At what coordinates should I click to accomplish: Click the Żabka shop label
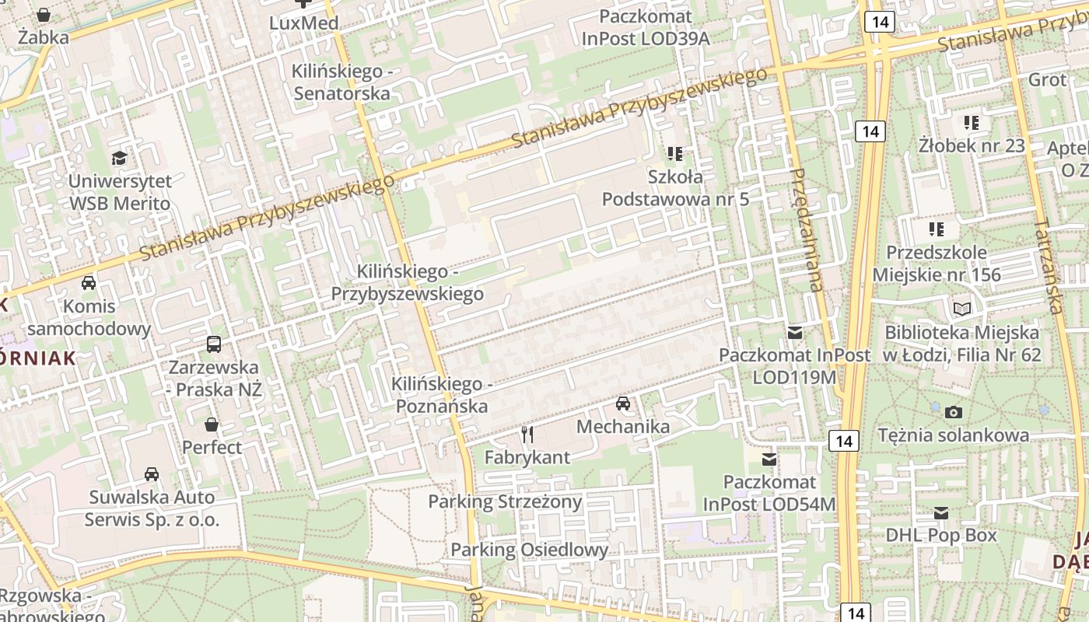pos(44,37)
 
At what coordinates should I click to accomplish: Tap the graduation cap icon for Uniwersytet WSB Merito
pos(119,159)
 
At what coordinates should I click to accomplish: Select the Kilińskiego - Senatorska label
pos(340,82)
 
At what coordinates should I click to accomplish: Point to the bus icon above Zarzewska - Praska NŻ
pos(214,344)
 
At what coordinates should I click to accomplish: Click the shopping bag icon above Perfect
pos(212,425)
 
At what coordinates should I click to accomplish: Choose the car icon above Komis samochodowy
pos(89,283)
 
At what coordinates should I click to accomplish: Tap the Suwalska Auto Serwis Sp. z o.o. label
pos(151,508)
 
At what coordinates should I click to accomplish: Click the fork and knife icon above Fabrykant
pos(527,435)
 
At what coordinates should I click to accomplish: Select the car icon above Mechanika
pos(623,404)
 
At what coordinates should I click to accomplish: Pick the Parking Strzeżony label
pos(505,501)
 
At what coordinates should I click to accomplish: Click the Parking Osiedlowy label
pos(529,550)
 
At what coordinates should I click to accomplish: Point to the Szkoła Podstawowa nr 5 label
pos(675,188)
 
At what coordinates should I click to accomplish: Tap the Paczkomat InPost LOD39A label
pos(646,27)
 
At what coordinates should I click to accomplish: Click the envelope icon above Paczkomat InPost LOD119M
pos(795,333)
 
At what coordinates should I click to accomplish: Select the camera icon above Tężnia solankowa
pos(954,412)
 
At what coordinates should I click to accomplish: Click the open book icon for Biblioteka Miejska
pos(962,309)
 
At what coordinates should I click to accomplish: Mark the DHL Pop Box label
pos(941,535)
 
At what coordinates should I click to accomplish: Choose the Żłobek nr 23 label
pos(972,145)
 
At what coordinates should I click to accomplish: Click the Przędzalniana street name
pos(804,229)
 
